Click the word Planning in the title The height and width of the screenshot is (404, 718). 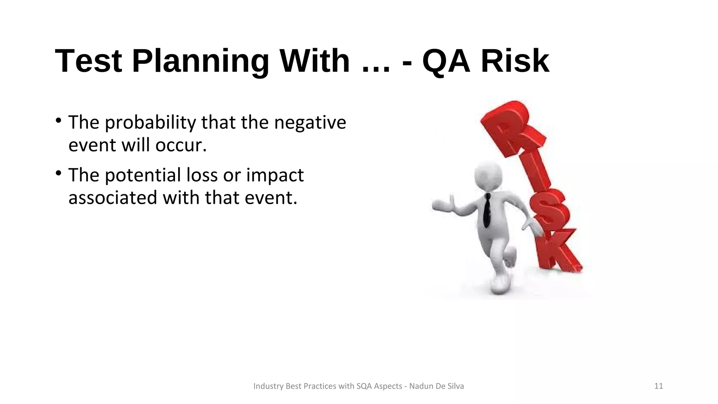pos(200,61)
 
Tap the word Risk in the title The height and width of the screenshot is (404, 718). pos(515,61)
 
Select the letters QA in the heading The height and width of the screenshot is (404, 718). pos(446,61)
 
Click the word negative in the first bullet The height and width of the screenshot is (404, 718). pos(310,123)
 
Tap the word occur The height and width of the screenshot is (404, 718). pos(181,145)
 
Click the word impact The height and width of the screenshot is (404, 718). pos(275,175)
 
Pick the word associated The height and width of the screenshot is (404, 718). pos(113,197)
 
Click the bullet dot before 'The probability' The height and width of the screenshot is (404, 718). pos(59,121)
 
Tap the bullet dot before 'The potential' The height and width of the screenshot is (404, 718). pos(59,173)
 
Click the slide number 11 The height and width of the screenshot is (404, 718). pos(658,386)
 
